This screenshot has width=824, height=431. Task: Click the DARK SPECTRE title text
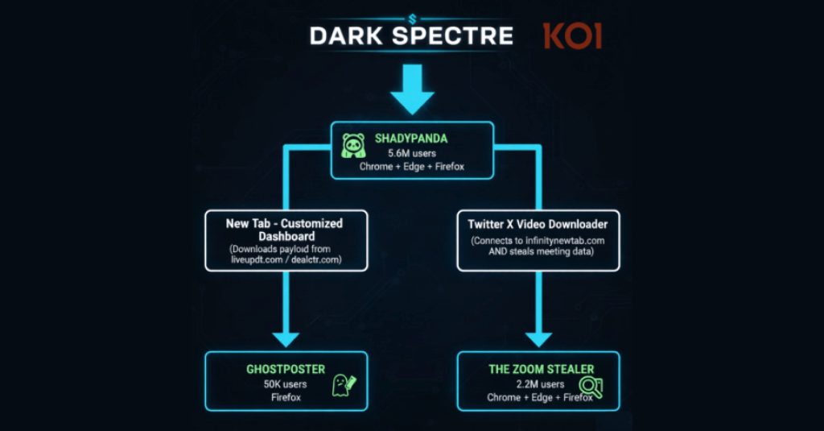click(411, 35)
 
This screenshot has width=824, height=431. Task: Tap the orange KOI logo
click(572, 35)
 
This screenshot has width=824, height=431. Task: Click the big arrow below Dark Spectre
click(413, 89)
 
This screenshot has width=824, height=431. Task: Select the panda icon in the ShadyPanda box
click(354, 146)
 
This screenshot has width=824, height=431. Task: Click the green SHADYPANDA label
click(411, 139)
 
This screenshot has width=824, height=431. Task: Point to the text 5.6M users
click(412, 153)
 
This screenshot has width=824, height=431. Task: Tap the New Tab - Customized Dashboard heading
click(284, 230)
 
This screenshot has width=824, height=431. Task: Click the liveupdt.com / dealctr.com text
click(286, 259)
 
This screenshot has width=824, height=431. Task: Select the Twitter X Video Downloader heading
click(538, 224)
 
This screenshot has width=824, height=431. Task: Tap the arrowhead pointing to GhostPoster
click(286, 339)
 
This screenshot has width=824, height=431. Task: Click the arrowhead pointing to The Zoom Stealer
click(538, 339)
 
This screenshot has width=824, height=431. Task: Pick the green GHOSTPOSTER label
click(286, 369)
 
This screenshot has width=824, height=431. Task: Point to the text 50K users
click(286, 384)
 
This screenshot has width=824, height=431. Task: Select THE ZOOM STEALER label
click(542, 369)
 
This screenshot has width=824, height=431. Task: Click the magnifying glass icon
click(591, 387)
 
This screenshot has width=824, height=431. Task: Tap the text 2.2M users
click(540, 384)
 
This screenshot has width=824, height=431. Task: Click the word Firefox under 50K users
click(286, 397)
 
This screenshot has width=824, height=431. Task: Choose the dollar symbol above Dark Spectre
click(412, 19)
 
